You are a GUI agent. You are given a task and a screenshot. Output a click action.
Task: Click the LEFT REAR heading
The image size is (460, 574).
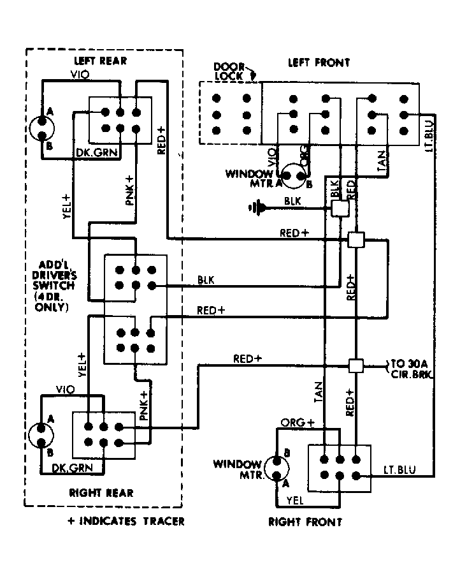tap(100, 61)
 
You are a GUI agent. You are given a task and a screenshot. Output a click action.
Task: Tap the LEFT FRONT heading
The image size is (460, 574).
tap(319, 63)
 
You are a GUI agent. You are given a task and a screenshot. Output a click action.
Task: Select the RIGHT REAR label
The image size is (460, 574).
tap(101, 493)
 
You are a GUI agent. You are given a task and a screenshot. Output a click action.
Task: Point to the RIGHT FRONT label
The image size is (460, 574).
tap(305, 522)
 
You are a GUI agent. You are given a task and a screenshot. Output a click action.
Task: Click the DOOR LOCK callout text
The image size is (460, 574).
tap(229, 71)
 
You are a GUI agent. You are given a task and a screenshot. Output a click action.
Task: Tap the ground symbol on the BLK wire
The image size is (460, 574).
tap(257, 208)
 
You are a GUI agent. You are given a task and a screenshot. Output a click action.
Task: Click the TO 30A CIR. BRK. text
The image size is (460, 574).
tap(411, 369)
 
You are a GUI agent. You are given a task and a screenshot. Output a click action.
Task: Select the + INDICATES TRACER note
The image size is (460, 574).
tap(126, 521)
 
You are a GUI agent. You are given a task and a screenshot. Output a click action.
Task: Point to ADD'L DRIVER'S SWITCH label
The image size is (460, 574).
tap(54, 286)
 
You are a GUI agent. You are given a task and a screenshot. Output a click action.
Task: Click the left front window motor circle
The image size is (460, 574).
tap(294, 176)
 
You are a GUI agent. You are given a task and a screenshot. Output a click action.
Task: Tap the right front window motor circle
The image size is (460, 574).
tap(277, 468)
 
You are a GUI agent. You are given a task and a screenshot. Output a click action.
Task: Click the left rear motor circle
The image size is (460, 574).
tap(41, 128)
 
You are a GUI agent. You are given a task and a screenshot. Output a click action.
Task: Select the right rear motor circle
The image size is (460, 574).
tap(41, 435)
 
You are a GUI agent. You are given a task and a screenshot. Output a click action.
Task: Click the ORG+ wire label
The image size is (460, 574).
tap(298, 423)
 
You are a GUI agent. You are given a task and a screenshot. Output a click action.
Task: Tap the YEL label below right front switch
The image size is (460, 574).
tap(295, 500)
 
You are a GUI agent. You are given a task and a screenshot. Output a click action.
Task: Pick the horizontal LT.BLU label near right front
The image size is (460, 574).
tap(399, 469)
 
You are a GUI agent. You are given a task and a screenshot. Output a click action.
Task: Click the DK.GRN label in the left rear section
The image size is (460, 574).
tap(97, 152)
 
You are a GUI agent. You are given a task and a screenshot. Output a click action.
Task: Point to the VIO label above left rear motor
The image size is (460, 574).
tap(80, 75)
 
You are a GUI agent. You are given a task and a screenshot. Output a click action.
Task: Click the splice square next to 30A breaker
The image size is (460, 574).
tap(356, 365)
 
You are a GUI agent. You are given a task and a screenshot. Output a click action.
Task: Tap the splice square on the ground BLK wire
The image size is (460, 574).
tap(340, 209)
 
